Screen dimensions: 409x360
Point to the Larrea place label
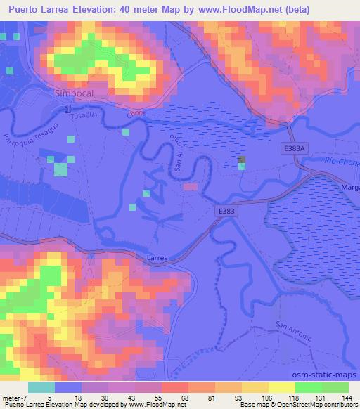tap(157, 259)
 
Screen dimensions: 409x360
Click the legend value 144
tap(345, 398)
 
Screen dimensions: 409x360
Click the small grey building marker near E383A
tap(242, 161)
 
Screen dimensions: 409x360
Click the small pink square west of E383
tap(190, 187)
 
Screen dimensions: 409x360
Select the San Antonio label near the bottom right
tap(293, 330)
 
